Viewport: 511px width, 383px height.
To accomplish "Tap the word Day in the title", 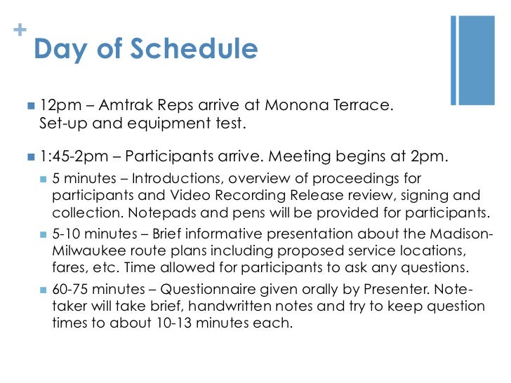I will pyautogui.click(x=60, y=49).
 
